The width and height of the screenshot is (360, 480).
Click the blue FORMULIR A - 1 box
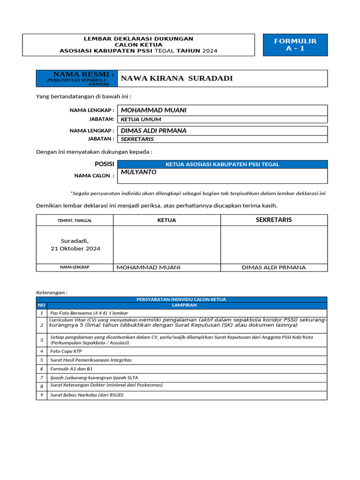pos(295,45)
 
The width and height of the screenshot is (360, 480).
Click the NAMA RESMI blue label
pos(77,78)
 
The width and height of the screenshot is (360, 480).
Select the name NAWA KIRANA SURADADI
pos(177,78)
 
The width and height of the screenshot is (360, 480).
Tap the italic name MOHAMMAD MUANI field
pos(154,110)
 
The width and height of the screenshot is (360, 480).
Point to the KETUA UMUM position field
pos(141,120)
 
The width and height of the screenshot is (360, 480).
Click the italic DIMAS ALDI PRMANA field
pos(154,131)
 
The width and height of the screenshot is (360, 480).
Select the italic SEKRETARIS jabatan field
pos(137,139)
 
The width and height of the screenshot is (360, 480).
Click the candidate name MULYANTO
pos(139,172)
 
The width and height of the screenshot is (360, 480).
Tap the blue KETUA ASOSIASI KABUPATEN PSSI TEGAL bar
pos(222,164)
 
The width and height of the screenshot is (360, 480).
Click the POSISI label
pos(105,164)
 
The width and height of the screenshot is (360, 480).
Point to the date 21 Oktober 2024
pos(75,248)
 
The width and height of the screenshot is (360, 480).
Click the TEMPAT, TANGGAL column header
pos(75,220)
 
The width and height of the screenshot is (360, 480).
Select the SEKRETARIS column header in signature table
pos(274,220)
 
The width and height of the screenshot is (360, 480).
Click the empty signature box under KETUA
pos(167,245)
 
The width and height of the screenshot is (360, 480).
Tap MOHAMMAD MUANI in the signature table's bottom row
pos(148,268)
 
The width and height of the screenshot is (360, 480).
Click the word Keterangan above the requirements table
pos(52,292)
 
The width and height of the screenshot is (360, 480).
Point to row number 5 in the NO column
pos(41,360)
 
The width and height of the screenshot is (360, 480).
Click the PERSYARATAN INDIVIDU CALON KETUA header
pos(181,299)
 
